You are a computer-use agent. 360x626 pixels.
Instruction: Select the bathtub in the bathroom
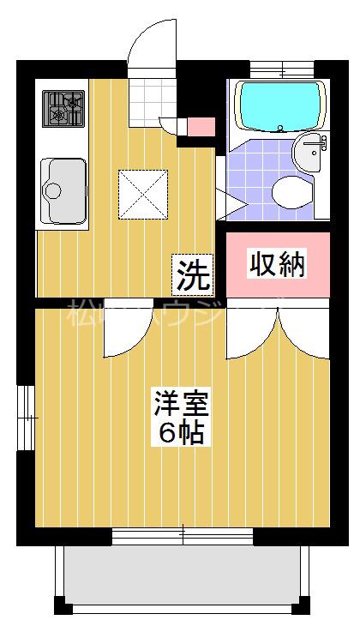point(279,105)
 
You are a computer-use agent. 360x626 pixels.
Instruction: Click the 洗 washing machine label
point(193,275)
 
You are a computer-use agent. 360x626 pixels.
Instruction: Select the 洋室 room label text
point(181,403)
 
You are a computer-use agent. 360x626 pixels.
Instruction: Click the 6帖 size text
point(181,433)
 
